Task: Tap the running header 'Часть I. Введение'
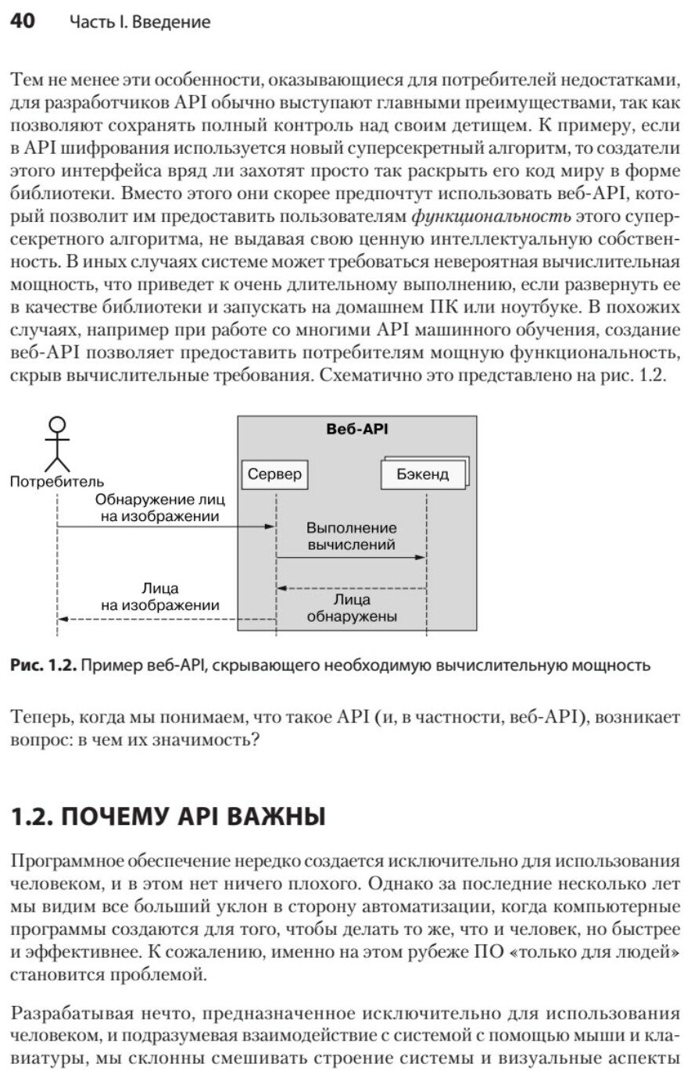[140, 23]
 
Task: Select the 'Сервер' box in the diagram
[274, 474]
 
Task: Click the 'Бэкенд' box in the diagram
[423, 474]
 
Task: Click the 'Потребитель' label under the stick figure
[56, 482]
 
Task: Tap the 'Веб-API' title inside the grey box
[356, 429]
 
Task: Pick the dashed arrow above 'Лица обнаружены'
[352, 587]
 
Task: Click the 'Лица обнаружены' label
[352, 609]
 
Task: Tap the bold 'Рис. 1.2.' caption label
[44, 666]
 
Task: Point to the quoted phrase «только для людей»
[605, 953]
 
